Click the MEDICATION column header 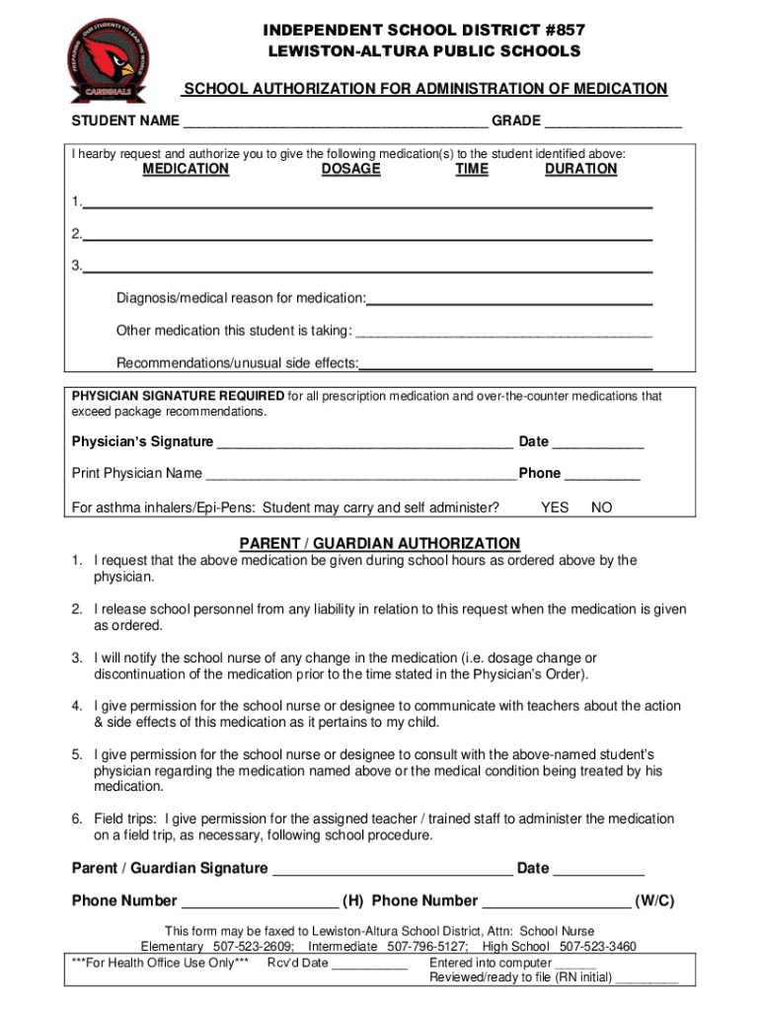[x=186, y=169]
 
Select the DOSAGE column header [x=350, y=169]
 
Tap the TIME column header [x=472, y=169]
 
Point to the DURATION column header [x=580, y=169]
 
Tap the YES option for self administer [x=555, y=507]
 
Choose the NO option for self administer [x=601, y=507]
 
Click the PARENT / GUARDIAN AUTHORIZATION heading [x=380, y=543]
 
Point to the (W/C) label [x=654, y=900]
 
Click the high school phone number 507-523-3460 [x=598, y=946]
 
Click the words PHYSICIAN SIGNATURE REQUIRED [x=178, y=396]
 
